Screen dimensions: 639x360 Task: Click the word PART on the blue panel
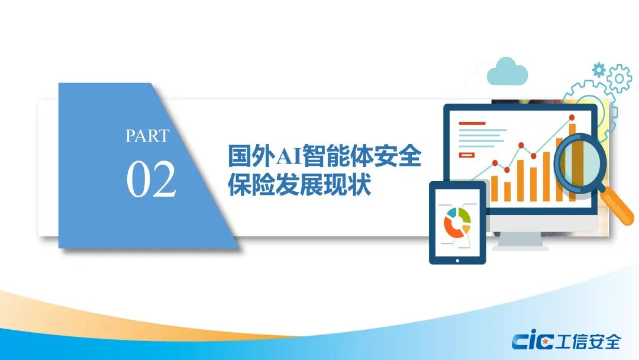pyautogui.click(x=147, y=136)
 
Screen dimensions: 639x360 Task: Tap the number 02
pyautogui.click(x=151, y=179)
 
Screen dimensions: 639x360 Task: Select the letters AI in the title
pyautogui.click(x=289, y=156)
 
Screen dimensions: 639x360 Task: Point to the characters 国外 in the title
pyautogui.click(x=251, y=156)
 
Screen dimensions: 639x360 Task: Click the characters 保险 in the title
pyautogui.click(x=251, y=185)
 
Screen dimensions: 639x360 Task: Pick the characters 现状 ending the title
pyautogui.click(x=347, y=185)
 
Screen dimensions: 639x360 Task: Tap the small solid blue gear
pyautogui.click(x=599, y=70)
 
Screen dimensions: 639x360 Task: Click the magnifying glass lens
pyautogui.click(x=580, y=160)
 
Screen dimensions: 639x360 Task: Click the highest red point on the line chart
pyautogui.click(x=572, y=117)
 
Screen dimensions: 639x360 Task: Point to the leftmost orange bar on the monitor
pyautogui.click(x=494, y=188)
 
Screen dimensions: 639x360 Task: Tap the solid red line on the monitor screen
pyautogui.click(x=472, y=123)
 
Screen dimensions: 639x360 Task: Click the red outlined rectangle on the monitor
pyautogui.click(x=467, y=155)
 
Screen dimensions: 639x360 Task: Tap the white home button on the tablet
pyautogui.click(x=457, y=261)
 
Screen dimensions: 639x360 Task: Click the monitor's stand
pyautogui.click(x=521, y=240)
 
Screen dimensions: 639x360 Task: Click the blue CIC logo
pyautogui.click(x=532, y=341)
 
